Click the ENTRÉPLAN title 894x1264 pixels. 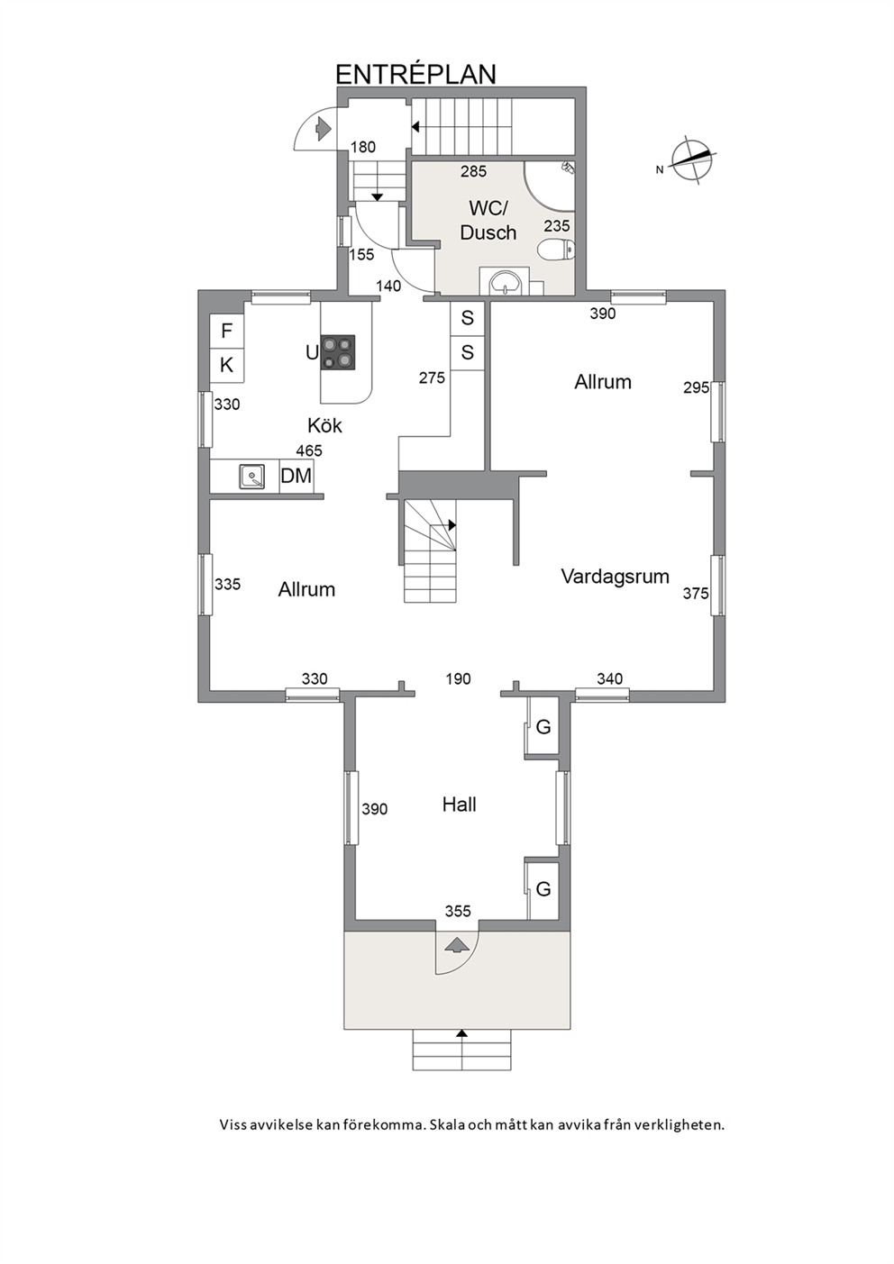tap(416, 75)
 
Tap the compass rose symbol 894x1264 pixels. tap(691, 160)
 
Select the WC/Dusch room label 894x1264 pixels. tap(488, 220)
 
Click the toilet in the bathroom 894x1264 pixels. tap(556, 249)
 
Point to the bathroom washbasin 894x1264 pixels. tap(505, 281)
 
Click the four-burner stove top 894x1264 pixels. tap(338, 352)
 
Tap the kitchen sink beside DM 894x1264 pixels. tap(251, 476)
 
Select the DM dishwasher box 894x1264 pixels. tap(296, 476)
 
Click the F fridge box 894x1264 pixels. tap(227, 331)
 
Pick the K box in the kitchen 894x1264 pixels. tap(227, 366)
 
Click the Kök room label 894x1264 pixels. tap(324, 425)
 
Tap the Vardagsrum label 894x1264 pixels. tap(616, 576)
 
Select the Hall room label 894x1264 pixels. tap(459, 805)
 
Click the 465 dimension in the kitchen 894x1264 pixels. tap(309, 450)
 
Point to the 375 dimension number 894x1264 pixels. tap(696, 593)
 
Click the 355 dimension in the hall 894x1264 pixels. tap(458, 911)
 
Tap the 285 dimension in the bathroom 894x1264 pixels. tap(473, 171)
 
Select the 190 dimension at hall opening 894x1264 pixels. tap(458, 678)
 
